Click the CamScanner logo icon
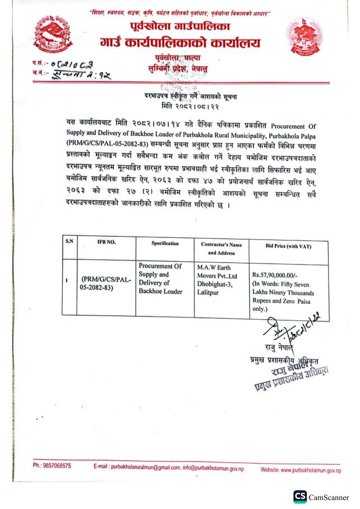300,496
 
